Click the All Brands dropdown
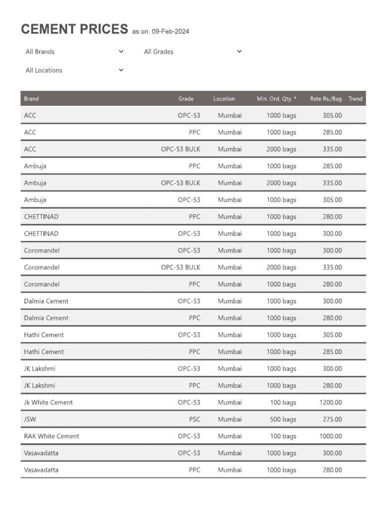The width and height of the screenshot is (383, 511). click(74, 51)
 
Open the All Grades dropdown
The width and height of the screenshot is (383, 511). click(192, 51)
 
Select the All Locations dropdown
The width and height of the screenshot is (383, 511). click(74, 70)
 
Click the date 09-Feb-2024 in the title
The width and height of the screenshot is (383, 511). click(171, 31)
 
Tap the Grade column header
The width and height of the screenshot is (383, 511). click(186, 99)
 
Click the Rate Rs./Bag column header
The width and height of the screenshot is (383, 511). click(326, 99)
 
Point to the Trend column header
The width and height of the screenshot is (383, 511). click(355, 99)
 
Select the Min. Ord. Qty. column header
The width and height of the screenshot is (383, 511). click(276, 99)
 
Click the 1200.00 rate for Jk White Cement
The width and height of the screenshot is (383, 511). click(331, 402)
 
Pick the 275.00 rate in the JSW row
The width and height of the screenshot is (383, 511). click(332, 419)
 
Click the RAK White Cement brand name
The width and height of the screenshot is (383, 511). click(51, 436)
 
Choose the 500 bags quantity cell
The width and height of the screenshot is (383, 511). click(283, 419)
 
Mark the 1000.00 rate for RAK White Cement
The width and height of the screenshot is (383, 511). click(331, 436)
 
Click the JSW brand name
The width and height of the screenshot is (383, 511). click(30, 419)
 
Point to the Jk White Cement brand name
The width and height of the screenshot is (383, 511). click(48, 402)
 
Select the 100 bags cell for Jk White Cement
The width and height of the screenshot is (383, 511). click(283, 402)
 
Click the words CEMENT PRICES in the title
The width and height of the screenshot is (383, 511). click(74, 29)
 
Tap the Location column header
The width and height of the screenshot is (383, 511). click(224, 99)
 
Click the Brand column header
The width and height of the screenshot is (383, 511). click(31, 99)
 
